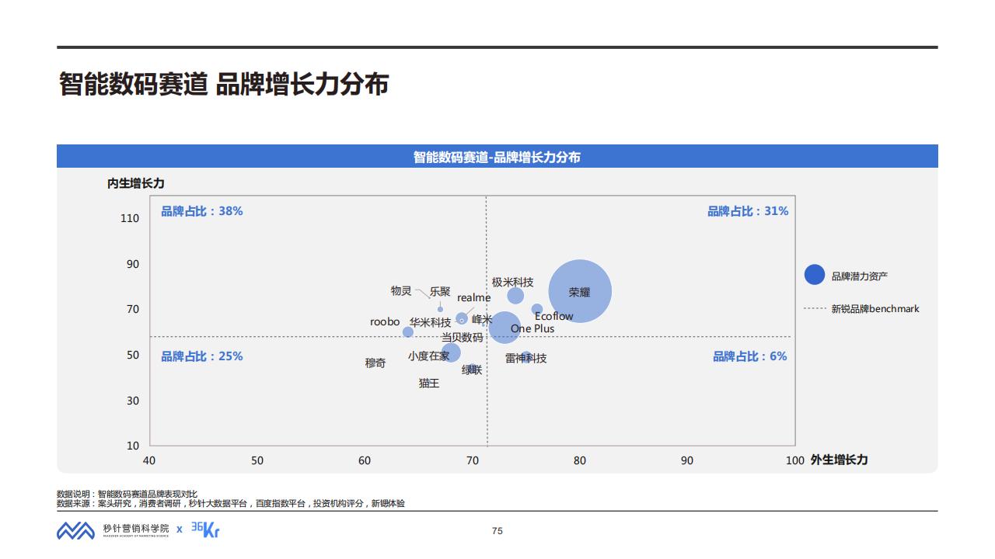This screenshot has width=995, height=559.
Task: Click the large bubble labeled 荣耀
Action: tap(580, 291)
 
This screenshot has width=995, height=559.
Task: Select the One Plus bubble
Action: tap(504, 327)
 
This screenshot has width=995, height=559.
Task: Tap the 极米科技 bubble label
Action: tap(512, 282)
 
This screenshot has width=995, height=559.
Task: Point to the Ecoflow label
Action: tap(553, 316)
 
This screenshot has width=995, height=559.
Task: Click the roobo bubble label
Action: tap(385, 321)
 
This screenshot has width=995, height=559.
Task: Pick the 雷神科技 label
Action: tap(525, 358)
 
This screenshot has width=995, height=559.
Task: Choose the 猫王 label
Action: tap(429, 383)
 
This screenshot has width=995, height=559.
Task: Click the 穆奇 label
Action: tap(375, 363)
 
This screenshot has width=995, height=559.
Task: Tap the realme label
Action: tap(473, 297)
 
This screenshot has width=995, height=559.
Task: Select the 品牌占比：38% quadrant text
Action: tap(202, 211)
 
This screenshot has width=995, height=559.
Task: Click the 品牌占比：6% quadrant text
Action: tap(749, 356)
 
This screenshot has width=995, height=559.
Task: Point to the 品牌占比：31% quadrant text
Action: tap(747, 211)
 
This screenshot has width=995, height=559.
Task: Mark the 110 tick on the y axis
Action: tap(130, 219)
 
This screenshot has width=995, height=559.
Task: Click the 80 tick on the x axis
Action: tap(580, 460)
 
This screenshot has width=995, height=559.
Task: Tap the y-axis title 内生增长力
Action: tap(136, 183)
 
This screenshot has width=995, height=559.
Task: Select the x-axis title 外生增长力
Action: tap(839, 460)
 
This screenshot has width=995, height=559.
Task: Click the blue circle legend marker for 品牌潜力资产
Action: tap(814, 275)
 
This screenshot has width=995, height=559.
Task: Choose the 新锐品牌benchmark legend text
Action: tap(875, 309)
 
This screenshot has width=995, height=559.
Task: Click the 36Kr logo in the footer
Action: tap(205, 529)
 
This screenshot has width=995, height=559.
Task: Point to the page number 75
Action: tap(497, 531)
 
